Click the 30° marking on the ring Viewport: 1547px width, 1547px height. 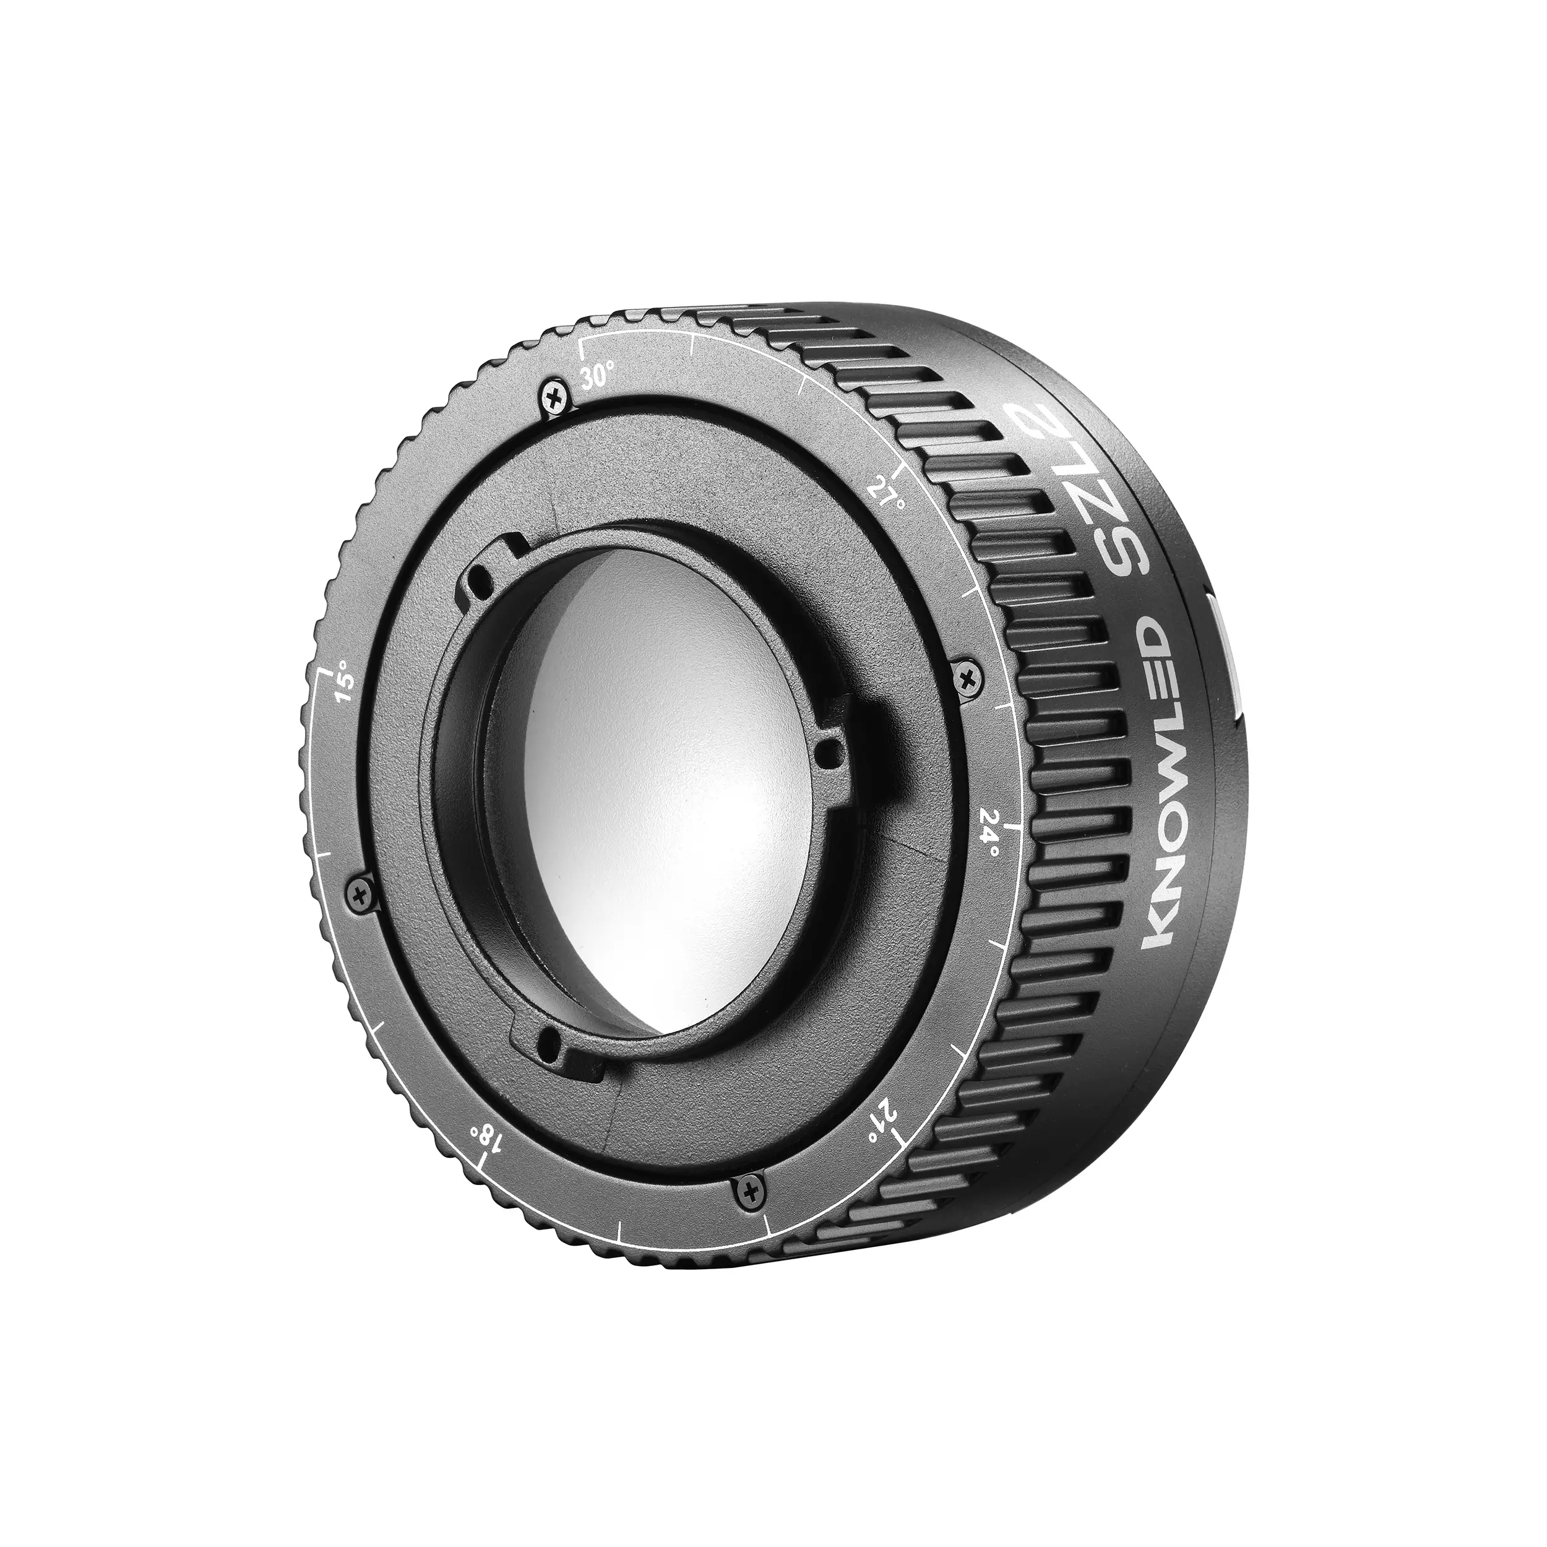[598, 374]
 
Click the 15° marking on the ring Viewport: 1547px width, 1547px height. [345, 678]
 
